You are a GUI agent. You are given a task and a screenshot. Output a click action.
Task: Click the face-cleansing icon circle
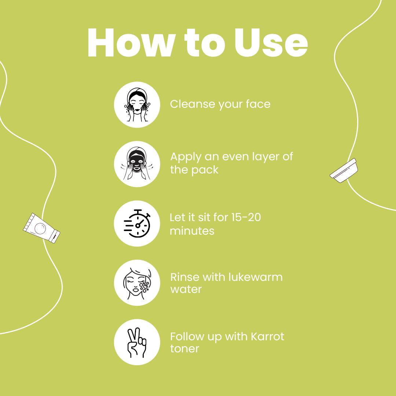137,104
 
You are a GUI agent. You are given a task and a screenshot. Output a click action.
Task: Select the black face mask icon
137,164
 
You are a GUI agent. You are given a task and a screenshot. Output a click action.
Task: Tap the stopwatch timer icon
137,224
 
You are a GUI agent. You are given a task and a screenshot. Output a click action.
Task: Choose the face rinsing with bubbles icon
137,283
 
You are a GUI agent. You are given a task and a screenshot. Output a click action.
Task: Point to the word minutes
192,231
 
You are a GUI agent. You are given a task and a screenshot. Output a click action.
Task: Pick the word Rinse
185,277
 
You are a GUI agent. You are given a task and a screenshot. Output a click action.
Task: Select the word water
186,289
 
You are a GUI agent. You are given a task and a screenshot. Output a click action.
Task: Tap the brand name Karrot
267,336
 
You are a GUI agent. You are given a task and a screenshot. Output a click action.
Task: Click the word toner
184,349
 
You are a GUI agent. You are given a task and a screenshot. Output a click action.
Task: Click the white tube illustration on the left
41,228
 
